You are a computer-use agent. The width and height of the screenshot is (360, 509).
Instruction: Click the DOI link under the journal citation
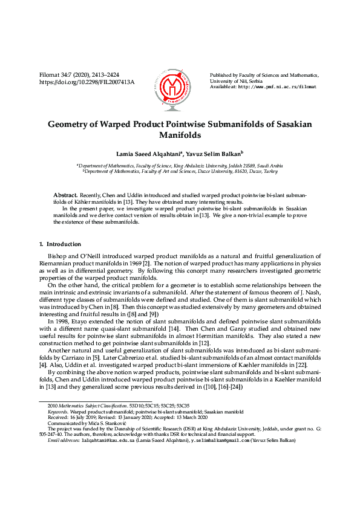pyautogui.click(x=87, y=82)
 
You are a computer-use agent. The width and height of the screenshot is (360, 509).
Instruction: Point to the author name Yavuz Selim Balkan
pyautogui.click(x=216, y=154)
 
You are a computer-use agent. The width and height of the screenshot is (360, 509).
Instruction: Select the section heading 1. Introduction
pyautogui.click(x=59, y=244)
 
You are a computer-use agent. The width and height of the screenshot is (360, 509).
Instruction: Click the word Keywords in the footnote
pyautogui.click(x=57, y=411)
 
